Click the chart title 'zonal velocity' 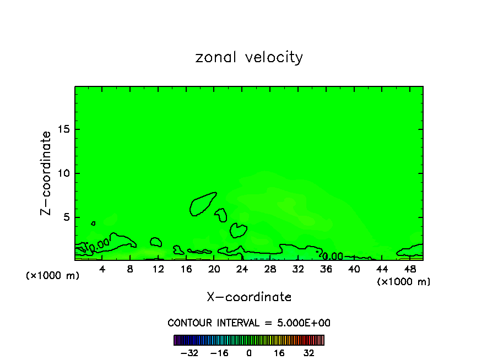pyautogui.click(x=249, y=57)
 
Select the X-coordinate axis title pyautogui.click(x=249, y=297)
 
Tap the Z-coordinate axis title pyautogui.click(x=46, y=173)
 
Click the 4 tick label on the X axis pyautogui.click(x=102, y=269)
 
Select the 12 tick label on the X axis pyautogui.click(x=158, y=269)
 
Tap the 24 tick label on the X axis pyautogui.click(x=242, y=269)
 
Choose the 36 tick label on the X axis pyautogui.click(x=326, y=269)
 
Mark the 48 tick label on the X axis pyautogui.click(x=409, y=269)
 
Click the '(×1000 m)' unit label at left pyautogui.click(x=53, y=276)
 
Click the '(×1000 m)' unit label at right pyautogui.click(x=404, y=282)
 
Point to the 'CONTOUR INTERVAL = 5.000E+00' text pyautogui.click(x=249, y=323)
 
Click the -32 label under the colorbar pyautogui.click(x=190, y=352)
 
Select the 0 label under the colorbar pyautogui.click(x=249, y=352)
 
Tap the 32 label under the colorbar pyautogui.click(x=308, y=352)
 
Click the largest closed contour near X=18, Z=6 pyautogui.click(x=203, y=204)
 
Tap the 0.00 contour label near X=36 pyautogui.click(x=333, y=257)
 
